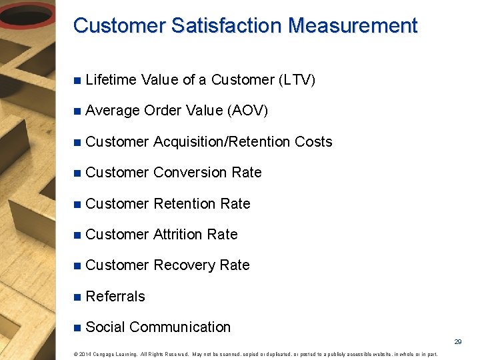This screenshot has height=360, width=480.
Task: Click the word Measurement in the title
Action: click(353, 26)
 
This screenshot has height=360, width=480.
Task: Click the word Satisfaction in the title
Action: click(227, 26)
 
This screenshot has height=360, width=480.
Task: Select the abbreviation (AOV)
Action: click(248, 111)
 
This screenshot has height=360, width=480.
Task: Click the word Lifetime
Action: click(111, 80)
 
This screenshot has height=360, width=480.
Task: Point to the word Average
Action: click(113, 111)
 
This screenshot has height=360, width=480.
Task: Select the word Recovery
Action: click(184, 265)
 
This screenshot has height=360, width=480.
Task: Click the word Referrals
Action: click(115, 297)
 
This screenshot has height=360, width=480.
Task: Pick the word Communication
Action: click(180, 327)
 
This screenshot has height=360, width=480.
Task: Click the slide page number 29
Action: click(458, 341)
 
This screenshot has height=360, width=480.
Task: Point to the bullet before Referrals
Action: click(77, 297)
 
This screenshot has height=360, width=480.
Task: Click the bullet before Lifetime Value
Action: click(77, 81)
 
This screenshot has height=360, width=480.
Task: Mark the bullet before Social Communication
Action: click(77, 327)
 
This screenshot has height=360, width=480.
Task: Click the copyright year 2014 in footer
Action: click(85, 354)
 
